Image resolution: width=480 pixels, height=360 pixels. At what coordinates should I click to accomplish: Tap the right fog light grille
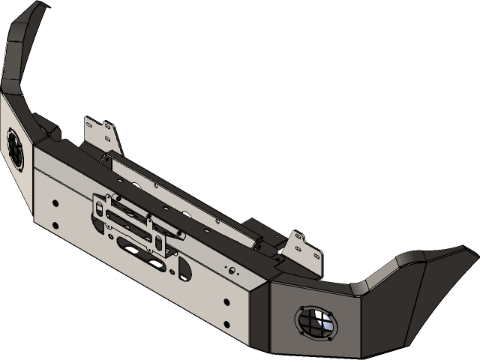coord(315,322)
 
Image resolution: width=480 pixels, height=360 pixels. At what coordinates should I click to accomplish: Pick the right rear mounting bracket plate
coord(305,248)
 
